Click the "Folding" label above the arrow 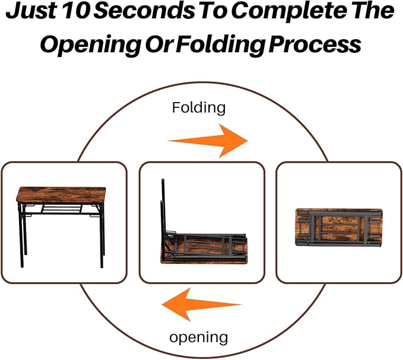(199, 107)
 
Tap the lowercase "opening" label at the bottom (198, 337)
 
